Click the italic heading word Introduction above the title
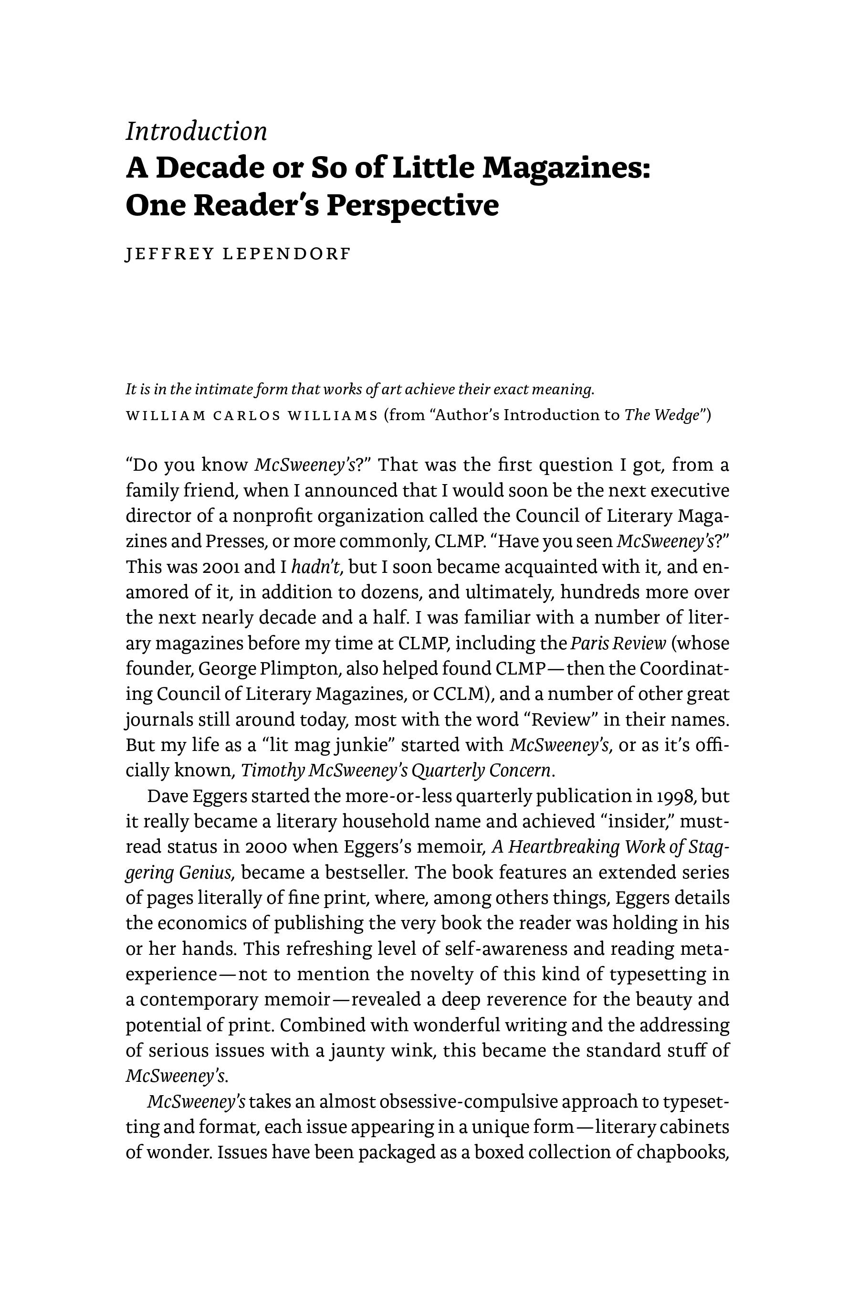point(196,132)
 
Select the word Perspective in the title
point(412,205)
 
